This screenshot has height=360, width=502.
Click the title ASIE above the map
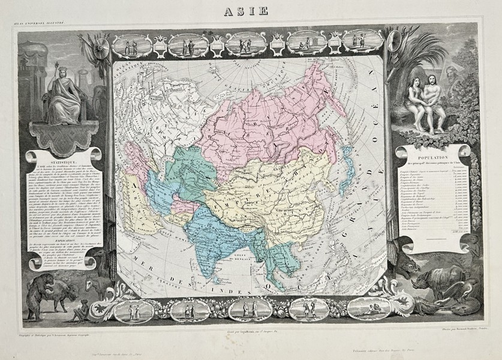coord(251,10)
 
